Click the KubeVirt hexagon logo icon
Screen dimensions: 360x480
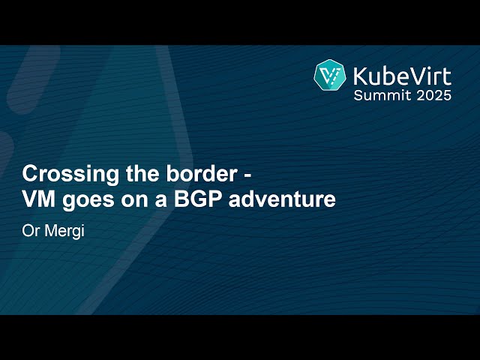pos(329,76)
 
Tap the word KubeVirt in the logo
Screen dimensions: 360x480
pos(402,75)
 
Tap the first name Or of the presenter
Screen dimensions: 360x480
pos(30,229)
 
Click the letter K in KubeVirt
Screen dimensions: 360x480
pos(359,75)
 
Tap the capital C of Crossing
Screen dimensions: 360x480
pos(30,174)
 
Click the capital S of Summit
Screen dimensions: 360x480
pos(358,95)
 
